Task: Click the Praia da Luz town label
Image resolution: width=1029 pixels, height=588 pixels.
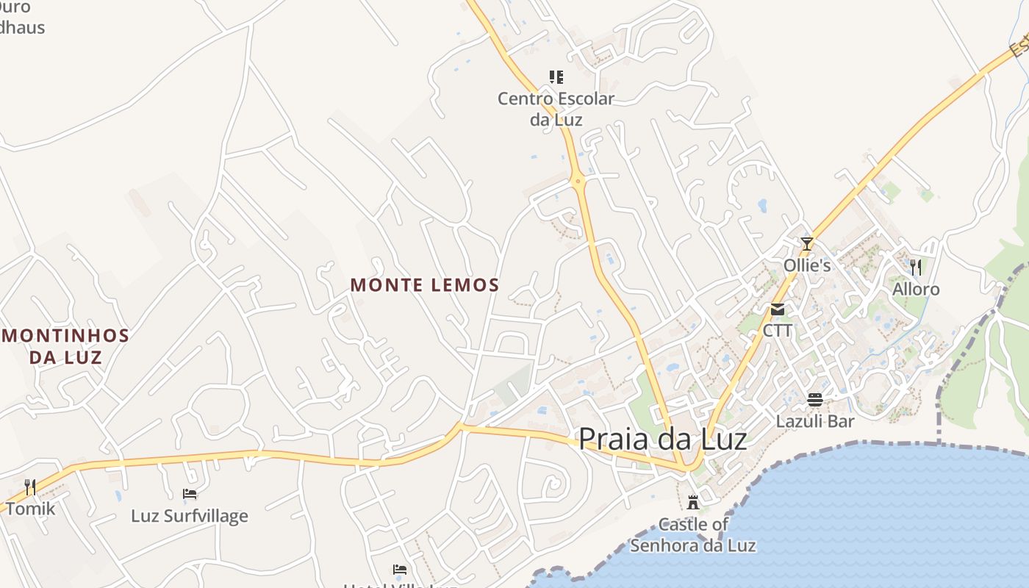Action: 662,439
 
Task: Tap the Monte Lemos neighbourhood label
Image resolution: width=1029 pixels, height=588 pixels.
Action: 425,285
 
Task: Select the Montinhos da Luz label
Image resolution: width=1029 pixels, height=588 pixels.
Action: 66,346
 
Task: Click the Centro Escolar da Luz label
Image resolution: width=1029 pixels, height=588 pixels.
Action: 556,109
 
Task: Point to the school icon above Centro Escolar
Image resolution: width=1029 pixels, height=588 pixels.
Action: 556,76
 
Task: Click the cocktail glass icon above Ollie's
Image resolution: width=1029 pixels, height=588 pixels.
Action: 807,244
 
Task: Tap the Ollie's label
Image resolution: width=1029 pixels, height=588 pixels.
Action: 807,265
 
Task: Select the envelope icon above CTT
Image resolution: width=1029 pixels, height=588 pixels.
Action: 778,309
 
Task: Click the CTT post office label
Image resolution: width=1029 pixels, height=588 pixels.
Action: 778,331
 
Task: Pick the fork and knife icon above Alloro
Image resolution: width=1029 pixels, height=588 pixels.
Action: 916,267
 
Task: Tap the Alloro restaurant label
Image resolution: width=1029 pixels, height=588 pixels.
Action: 916,290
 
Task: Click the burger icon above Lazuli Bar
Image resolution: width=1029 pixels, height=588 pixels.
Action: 815,400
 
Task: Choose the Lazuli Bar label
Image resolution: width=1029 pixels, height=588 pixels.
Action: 815,421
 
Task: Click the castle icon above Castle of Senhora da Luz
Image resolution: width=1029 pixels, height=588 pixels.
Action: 692,503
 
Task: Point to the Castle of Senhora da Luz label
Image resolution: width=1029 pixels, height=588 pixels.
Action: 692,535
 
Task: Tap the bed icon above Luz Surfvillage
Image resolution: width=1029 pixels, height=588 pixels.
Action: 190,494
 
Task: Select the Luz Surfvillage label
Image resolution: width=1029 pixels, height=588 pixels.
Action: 190,516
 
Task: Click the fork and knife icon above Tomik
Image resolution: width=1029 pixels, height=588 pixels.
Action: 30,487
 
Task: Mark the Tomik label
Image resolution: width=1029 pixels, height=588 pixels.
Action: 30,508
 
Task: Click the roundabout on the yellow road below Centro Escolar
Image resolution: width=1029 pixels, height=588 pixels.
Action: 578,179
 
